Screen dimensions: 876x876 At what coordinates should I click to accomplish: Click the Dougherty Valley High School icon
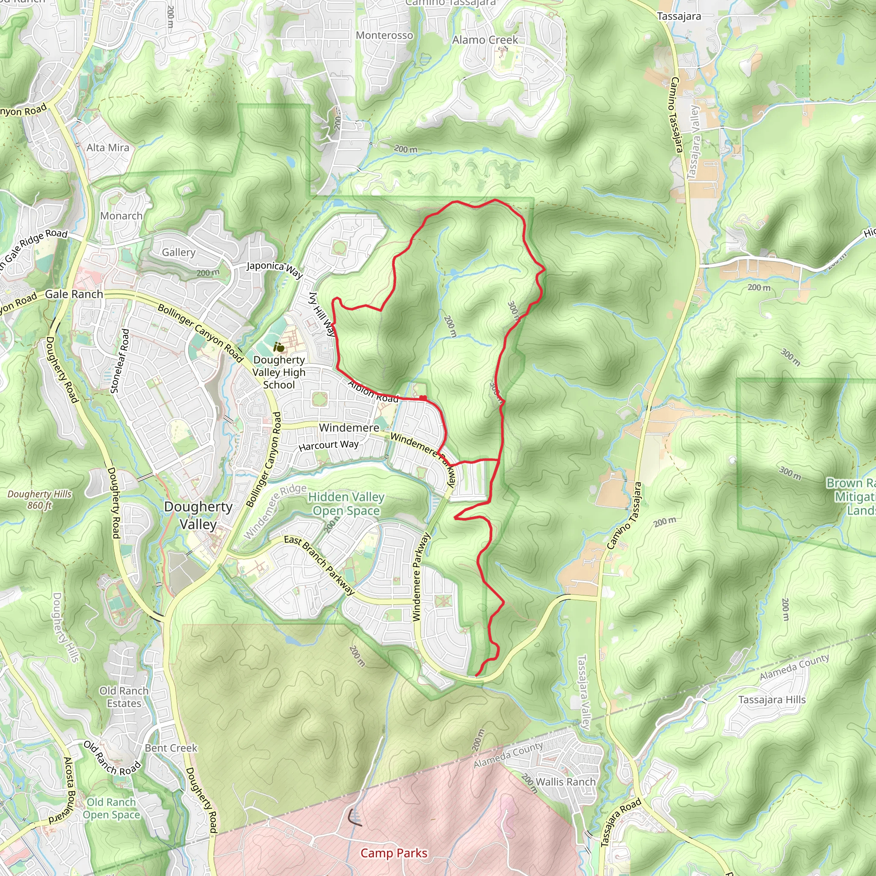[x=279, y=347]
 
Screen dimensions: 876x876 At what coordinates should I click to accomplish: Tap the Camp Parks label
[x=394, y=853]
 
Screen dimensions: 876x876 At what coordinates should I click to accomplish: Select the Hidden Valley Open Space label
[x=346, y=504]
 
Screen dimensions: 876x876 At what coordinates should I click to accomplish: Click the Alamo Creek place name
[x=485, y=40]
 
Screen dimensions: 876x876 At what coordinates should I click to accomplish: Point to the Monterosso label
[x=385, y=36]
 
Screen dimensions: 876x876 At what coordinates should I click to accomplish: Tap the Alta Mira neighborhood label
[x=108, y=148]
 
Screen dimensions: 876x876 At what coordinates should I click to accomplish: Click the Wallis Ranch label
[x=565, y=782]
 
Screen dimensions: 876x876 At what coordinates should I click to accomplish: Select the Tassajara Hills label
[x=772, y=700]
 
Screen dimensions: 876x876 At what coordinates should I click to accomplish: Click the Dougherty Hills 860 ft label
[x=39, y=499]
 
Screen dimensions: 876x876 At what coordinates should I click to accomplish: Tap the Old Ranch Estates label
[x=124, y=697]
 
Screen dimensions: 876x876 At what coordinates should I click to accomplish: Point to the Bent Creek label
[x=171, y=748]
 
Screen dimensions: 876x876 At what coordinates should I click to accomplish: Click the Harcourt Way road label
[x=328, y=445]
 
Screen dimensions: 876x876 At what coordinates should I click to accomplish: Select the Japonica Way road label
[x=275, y=269]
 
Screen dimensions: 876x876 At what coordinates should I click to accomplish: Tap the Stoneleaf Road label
[x=120, y=361]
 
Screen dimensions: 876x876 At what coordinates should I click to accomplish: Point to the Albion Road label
[x=373, y=391]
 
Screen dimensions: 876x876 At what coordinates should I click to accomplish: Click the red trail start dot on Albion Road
[x=423, y=398]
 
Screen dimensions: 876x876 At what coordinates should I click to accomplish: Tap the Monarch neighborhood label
[x=121, y=216]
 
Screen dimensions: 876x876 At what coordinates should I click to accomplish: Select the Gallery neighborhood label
[x=179, y=252]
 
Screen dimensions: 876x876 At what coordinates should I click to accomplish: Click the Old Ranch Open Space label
[x=112, y=808]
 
